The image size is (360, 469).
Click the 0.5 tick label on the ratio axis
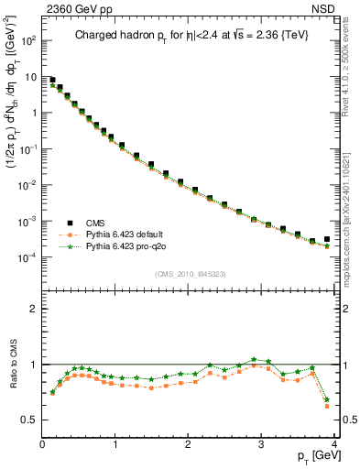coord(29,420)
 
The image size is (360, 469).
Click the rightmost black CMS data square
coord(327,239)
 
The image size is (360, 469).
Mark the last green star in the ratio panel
coord(327,399)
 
